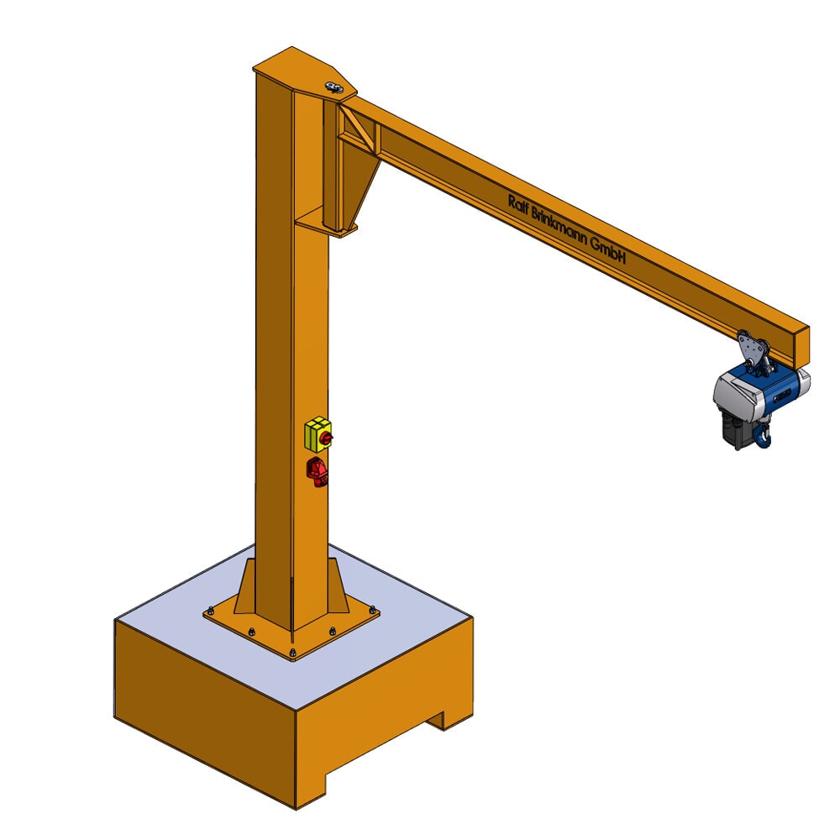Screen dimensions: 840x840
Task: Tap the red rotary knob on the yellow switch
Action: point(325,438)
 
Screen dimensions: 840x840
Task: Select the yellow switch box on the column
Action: point(316,434)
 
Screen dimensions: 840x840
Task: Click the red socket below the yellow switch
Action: point(318,471)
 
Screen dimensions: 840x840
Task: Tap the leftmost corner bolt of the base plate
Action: point(210,612)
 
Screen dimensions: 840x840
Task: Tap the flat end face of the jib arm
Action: point(801,342)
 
